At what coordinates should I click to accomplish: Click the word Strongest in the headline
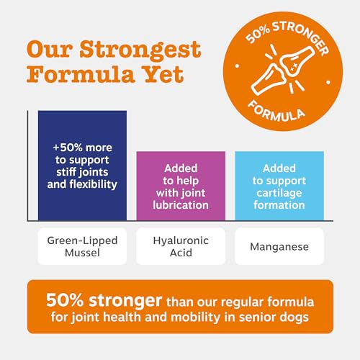[140, 50]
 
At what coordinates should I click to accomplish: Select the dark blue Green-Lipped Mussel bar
[82, 166]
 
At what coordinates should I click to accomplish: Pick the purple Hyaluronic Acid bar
[181, 186]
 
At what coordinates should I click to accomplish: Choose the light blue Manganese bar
[279, 186]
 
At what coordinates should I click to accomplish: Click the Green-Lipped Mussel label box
[82, 246]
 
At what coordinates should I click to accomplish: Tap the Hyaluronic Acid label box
[181, 246]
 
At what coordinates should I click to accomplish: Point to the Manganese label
[279, 246]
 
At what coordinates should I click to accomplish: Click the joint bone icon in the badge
[283, 70]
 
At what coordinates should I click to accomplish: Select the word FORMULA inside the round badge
[276, 112]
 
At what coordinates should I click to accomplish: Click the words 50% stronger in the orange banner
[104, 300]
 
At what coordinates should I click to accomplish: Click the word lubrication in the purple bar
[181, 205]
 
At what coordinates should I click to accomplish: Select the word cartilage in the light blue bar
[279, 194]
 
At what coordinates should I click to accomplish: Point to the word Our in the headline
[50, 50]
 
